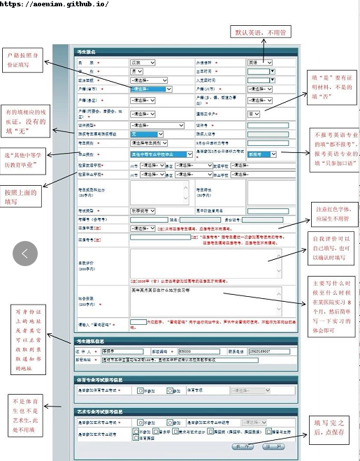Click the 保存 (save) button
point(242,445)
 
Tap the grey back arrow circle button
point(25,254)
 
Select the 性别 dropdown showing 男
point(141,71)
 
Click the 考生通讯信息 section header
point(94,342)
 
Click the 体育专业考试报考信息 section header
point(104,379)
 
